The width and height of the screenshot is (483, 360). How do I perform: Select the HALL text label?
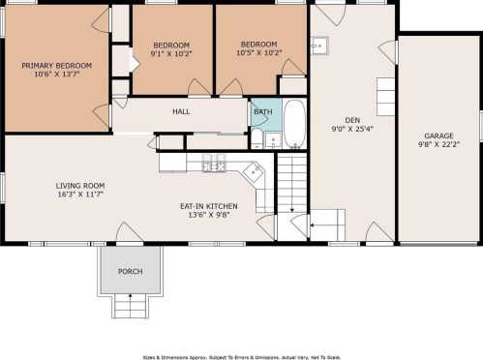tap(181, 112)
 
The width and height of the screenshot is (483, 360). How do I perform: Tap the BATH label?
tap(262, 112)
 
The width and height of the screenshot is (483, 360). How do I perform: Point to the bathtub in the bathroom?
tap(294, 123)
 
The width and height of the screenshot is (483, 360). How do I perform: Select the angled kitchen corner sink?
tap(254, 173)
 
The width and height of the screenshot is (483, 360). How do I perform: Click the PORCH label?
tap(129, 272)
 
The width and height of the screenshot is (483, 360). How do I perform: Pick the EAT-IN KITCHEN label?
tap(209, 205)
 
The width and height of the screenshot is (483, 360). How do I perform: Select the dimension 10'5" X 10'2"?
tap(259, 54)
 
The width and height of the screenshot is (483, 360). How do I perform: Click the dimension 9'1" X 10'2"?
tap(171, 54)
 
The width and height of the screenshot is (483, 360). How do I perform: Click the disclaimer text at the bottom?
tap(241, 355)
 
